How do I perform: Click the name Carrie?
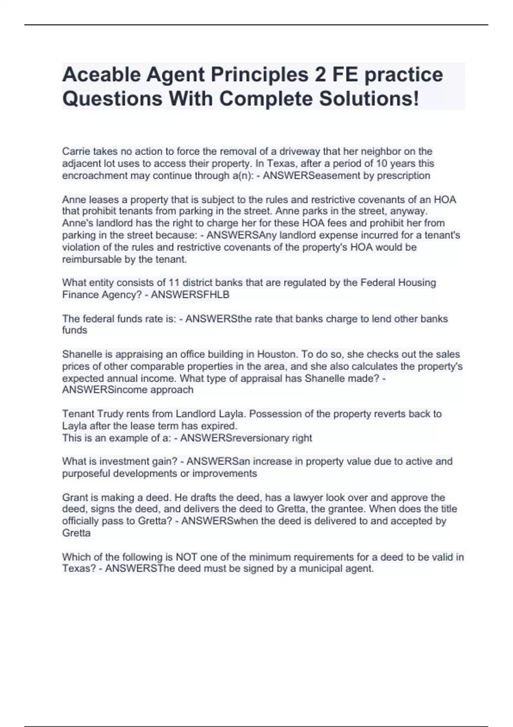[x=76, y=151]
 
